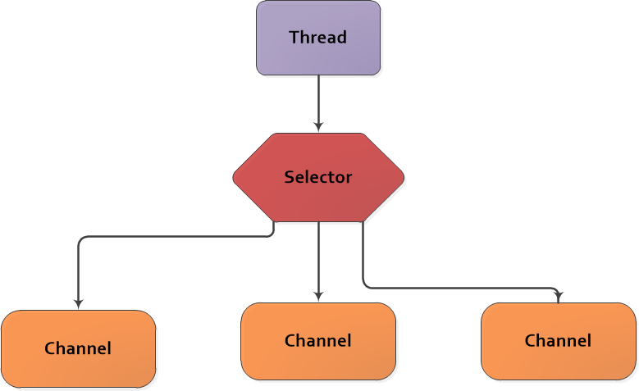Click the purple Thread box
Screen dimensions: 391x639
tap(318, 38)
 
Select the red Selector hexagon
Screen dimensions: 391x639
tap(318, 177)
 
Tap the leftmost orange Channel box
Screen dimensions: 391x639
tap(78, 348)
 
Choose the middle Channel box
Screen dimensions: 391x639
tap(318, 341)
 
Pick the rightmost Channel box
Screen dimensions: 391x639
tap(558, 341)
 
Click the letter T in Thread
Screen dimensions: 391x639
tap(293, 38)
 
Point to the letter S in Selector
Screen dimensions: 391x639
tap(289, 177)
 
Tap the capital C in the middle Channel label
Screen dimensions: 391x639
tap(290, 341)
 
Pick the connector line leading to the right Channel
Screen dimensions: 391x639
tap(459, 289)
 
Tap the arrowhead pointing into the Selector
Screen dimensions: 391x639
tap(318, 127)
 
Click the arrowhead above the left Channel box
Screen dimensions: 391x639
tap(78, 304)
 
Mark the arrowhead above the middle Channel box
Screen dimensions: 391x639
tap(318, 297)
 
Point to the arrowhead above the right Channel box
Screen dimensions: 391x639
tap(559, 298)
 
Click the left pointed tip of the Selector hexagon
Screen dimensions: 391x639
tap(235, 177)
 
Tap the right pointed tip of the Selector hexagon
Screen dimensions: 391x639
tap(403, 177)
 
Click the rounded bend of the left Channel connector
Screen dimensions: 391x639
tap(80, 239)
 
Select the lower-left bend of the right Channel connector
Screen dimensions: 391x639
tap(365, 286)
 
